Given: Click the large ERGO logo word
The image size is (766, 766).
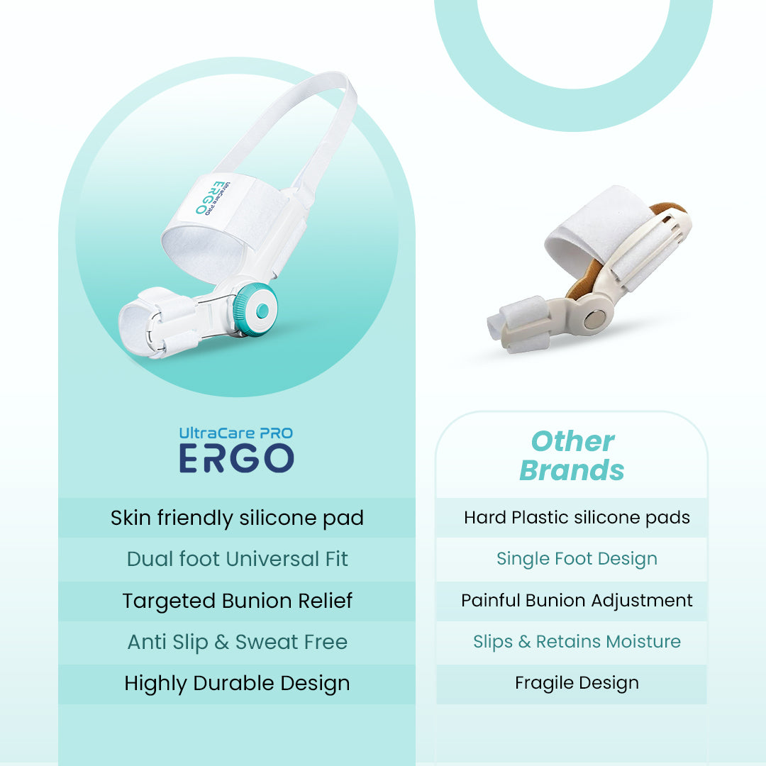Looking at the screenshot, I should click(236, 459).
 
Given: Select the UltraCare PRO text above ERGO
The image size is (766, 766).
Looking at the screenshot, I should click(236, 433).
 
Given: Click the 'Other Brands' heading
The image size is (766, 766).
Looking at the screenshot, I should click(572, 455).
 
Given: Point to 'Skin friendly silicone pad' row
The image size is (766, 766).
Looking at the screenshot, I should click(237, 518).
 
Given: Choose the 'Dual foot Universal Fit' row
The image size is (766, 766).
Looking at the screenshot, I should click(237, 559).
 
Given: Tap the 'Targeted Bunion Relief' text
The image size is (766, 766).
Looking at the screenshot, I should click(237, 601).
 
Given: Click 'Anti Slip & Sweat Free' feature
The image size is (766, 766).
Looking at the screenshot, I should click(237, 642).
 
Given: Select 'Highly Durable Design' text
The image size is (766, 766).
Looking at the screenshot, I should click(237, 683).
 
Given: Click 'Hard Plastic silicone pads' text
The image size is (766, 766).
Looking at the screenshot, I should click(577, 518).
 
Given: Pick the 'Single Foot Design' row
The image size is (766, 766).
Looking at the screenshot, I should click(577, 559).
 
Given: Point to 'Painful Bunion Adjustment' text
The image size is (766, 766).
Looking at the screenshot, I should click(577, 601).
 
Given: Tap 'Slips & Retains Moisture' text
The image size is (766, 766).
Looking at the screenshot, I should click(577, 642).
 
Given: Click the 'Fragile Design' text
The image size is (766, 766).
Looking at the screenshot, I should click(577, 683).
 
